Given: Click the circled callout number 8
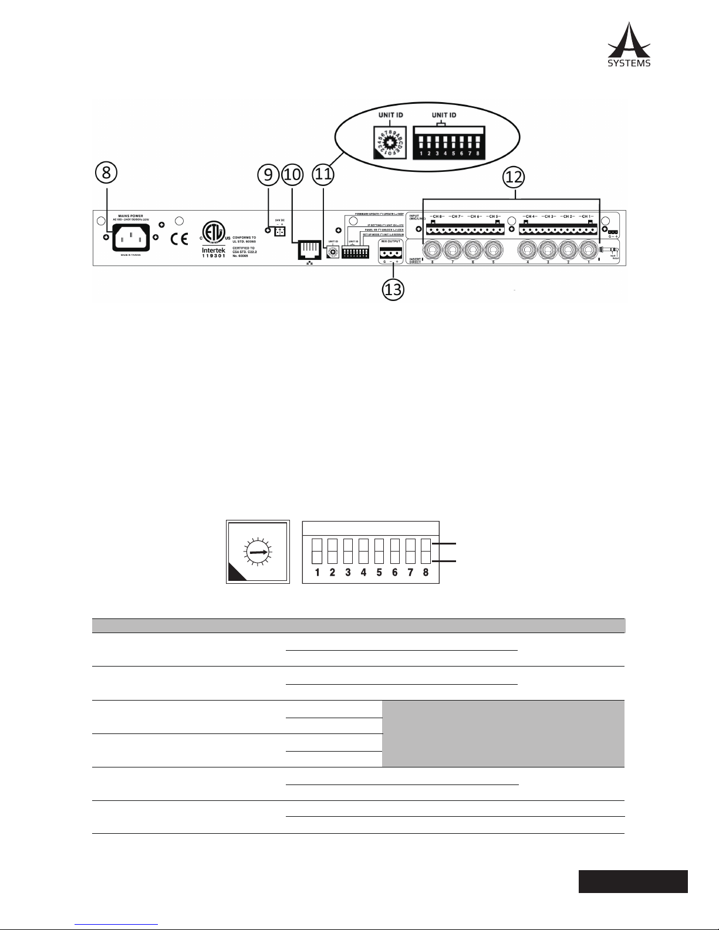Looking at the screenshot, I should pyautogui.click(x=106, y=174).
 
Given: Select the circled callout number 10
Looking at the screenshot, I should pyautogui.click(x=291, y=174).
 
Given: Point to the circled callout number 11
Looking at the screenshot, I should pyautogui.click(x=323, y=174).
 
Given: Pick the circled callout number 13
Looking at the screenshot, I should pyautogui.click(x=393, y=289).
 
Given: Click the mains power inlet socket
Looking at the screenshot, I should pyautogui.click(x=130, y=237).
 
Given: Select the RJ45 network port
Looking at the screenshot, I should pyautogui.click(x=308, y=249).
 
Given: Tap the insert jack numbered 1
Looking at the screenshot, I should pyautogui.click(x=589, y=251).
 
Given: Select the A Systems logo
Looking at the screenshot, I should pyautogui.click(x=629, y=45).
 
